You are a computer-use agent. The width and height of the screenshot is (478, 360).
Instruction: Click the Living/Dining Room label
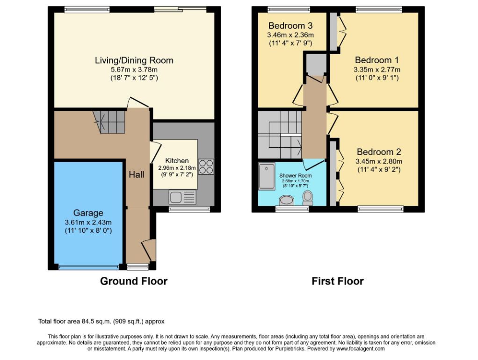134,60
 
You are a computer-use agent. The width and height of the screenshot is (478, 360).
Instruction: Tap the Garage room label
88,213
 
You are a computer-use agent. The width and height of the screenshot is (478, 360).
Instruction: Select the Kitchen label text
177,161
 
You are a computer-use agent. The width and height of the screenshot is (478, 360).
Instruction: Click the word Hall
137,175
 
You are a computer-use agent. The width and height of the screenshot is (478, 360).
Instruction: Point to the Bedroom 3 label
290,26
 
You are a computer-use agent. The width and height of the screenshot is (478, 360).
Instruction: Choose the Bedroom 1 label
377,60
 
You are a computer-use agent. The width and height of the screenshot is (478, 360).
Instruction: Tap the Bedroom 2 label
379,152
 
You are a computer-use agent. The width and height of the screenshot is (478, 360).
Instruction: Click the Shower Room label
296,176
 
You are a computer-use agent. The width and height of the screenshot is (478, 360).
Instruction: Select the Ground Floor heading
134,281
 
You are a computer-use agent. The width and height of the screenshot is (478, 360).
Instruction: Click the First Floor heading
338,281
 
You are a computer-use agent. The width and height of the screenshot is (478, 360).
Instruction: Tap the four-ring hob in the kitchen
206,167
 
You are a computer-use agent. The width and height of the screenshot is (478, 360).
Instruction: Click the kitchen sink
182,197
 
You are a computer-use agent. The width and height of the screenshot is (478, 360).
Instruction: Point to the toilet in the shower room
308,198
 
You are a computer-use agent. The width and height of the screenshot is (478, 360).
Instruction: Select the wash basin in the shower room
286,201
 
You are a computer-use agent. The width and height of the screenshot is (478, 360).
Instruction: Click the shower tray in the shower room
267,176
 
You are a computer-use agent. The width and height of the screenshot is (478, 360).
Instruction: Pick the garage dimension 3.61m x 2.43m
88,222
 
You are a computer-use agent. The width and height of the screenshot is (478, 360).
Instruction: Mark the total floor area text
101,321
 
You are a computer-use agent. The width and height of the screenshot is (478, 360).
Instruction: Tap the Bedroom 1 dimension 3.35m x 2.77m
377,70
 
